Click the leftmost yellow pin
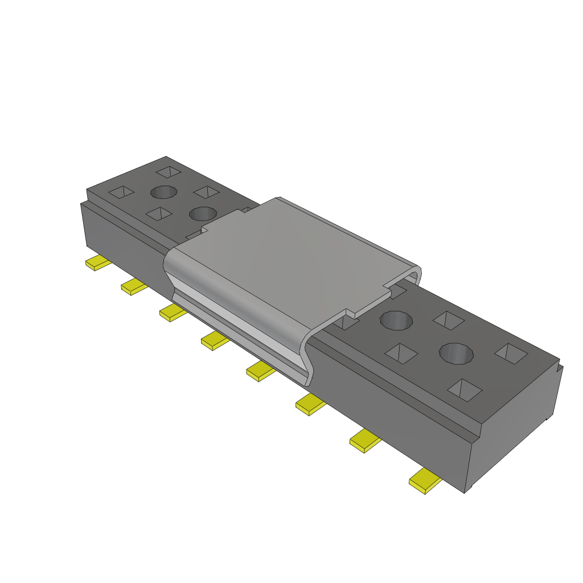(97, 264)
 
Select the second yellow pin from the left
(134, 286)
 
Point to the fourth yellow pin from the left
(214, 341)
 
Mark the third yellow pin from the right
(310, 405)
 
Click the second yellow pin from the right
(364, 441)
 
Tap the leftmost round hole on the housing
(163, 192)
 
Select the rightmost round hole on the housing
(456, 353)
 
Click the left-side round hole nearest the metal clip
(202, 214)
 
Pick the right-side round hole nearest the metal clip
(396, 320)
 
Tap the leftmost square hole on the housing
(121, 192)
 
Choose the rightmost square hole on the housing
(511, 353)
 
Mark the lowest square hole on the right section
(465, 390)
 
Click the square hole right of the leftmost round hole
(206, 192)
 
